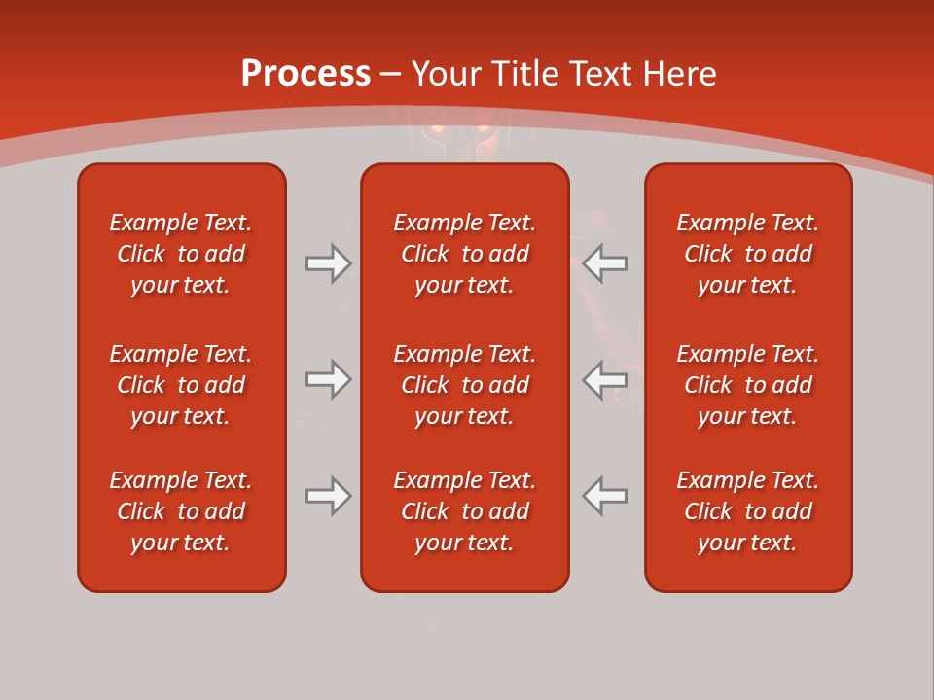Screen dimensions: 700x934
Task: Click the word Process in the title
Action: pos(305,74)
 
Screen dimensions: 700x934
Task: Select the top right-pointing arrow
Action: pos(328,263)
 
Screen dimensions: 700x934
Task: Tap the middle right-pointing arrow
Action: pos(328,379)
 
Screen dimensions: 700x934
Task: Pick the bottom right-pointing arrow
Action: pos(328,496)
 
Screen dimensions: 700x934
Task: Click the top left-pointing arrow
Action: pos(605,263)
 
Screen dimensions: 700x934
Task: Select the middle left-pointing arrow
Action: pos(605,379)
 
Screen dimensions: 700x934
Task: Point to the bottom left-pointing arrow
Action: pos(605,496)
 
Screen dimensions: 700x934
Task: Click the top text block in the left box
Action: pos(181,254)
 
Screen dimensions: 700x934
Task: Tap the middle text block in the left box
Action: pos(181,385)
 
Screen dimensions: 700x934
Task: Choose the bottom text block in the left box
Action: pos(181,511)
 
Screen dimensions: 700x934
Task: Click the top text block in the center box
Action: pos(465,254)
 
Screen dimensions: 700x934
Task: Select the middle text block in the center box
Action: pos(465,385)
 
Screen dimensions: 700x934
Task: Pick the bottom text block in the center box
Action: pos(465,511)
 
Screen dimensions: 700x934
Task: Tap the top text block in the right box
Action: pos(748,254)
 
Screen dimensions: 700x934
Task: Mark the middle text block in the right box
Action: pos(748,385)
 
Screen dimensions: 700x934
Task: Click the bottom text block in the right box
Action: pos(748,511)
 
